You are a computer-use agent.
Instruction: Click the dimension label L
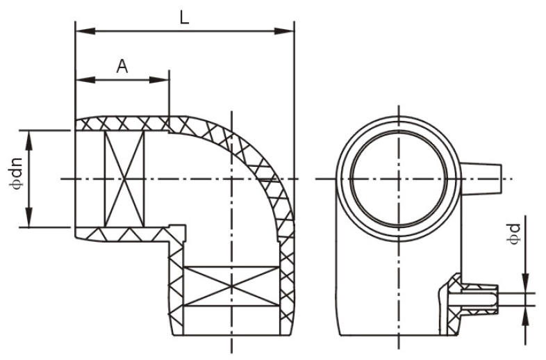coord(185,17)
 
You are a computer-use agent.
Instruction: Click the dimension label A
coord(122,66)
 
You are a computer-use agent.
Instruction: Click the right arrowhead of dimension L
coord(285,31)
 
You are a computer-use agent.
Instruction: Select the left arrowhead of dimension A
coord(85,80)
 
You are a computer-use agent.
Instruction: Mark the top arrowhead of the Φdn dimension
coord(29,140)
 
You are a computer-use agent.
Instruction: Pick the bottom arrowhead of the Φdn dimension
coord(29,218)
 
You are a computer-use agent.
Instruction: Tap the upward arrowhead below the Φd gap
coord(526,316)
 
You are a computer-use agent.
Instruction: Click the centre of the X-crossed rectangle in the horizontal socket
coord(124,179)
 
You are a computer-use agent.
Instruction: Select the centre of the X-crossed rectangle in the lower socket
coord(231,286)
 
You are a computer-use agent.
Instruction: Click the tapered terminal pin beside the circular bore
coord(481,179)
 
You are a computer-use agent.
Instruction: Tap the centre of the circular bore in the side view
coord(399,179)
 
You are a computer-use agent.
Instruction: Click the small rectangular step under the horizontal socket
coord(177,232)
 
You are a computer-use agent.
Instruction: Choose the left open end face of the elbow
coord(76,179)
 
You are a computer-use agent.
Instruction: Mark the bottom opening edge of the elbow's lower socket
coord(231,335)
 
